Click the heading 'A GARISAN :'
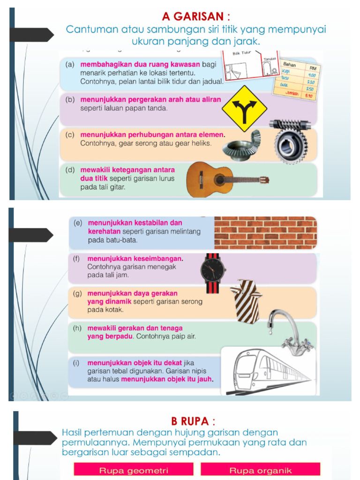pos(196,16)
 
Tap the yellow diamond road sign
pos(244,109)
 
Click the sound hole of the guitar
pos(219,180)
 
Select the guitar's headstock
pos(264,180)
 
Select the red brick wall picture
pos(265,232)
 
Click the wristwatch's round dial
pos(213,270)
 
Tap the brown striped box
pos(247,301)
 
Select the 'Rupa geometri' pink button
pos(134,470)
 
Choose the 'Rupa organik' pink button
pos(261,470)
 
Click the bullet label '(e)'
pos(78,223)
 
